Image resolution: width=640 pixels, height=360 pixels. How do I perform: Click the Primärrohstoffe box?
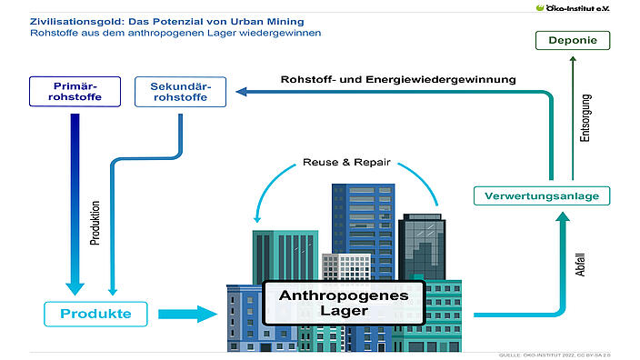point(75,92)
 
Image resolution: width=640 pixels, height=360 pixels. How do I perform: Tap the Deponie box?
point(572,40)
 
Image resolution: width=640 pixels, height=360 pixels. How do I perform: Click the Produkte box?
point(95,315)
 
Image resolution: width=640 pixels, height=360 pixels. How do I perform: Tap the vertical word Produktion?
point(95,223)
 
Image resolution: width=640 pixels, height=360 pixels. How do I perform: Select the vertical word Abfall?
point(581,258)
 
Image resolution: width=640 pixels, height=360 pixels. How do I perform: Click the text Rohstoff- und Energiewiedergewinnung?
point(398,79)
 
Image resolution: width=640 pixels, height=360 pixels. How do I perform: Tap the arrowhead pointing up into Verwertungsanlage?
point(564,219)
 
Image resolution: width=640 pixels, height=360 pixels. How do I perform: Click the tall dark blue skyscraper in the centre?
point(351,218)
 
